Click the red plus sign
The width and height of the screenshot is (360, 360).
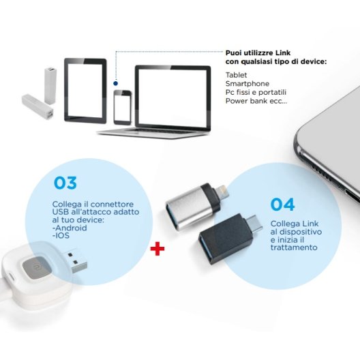[x=157, y=248]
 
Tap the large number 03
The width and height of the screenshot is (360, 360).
[x=65, y=183]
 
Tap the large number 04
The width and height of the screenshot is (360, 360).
[x=282, y=205]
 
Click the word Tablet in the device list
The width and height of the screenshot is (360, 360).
[x=236, y=75]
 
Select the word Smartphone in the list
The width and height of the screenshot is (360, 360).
[x=247, y=84]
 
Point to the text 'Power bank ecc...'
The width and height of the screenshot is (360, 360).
[x=256, y=101]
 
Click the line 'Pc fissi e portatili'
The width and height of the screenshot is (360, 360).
[x=256, y=92]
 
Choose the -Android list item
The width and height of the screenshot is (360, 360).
[x=70, y=228]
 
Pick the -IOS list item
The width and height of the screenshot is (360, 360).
[x=61, y=235]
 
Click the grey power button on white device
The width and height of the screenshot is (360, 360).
[x=35, y=267]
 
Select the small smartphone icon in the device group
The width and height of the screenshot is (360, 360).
[x=123, y=108]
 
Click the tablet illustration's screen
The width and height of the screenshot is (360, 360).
[x=85, y=90]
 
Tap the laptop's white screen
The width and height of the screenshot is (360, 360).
[x=172, y=97]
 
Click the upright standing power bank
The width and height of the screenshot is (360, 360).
[x=50, y=85]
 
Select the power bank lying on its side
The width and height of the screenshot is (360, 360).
[x=38, y=107]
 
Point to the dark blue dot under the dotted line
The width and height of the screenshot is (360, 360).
[x=116, y=83]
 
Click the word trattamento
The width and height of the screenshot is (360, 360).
[x=294, y=247]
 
